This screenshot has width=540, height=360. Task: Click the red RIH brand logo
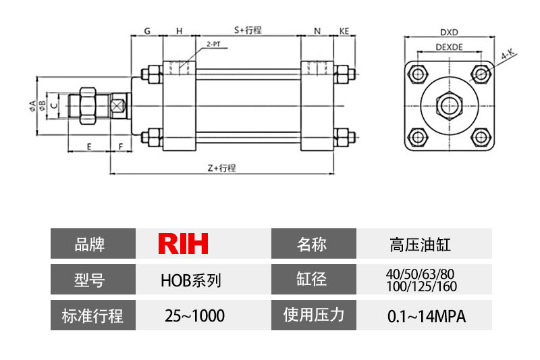(183, 244)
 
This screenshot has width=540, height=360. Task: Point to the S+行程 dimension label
(248, 30)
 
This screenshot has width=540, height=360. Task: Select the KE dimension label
(344, 31)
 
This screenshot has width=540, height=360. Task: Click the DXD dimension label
(449, 31)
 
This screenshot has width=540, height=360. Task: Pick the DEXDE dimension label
(449, 47)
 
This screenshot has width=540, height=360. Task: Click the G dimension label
(147, 31)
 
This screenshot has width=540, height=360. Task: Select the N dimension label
(317, 31)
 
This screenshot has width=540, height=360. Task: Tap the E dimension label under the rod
(89, 146)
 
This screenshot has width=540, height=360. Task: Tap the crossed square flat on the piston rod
(119, 106)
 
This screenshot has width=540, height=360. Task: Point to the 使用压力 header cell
(313, 315)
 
